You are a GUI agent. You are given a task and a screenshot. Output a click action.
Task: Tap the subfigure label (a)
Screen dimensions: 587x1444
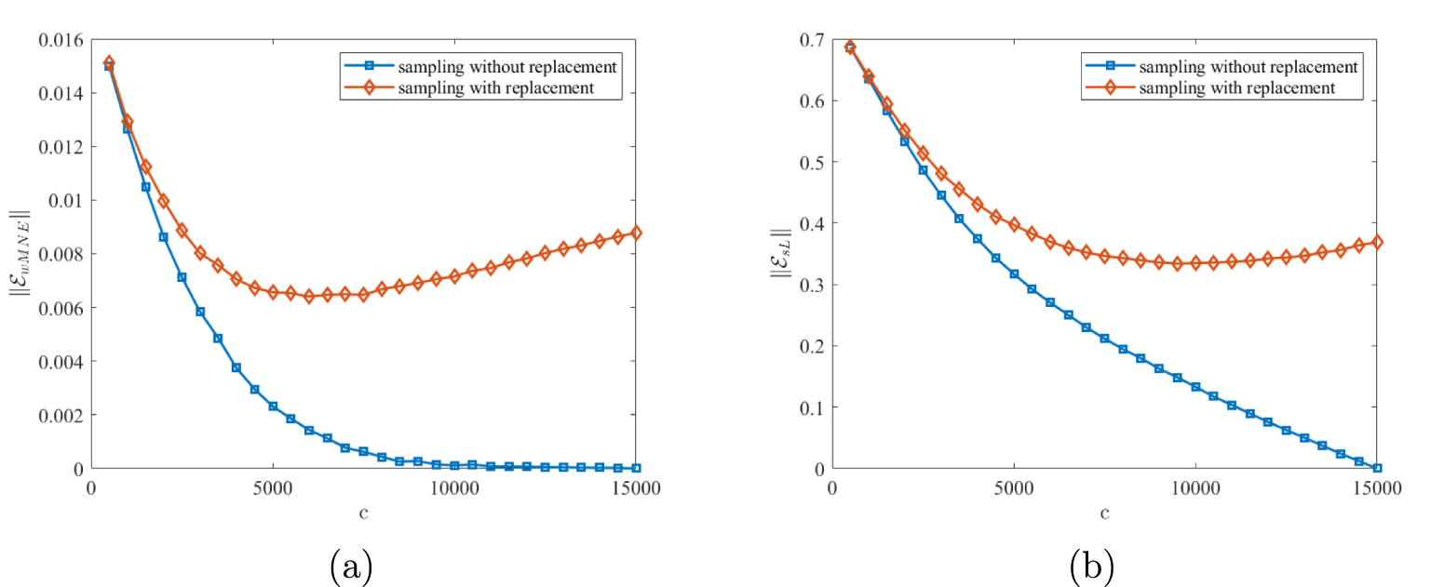[351, 566]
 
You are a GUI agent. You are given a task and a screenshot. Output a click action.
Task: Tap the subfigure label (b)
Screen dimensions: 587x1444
[1091, 566]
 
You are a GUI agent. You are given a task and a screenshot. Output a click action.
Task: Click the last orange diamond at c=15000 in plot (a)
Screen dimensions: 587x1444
[636, 233]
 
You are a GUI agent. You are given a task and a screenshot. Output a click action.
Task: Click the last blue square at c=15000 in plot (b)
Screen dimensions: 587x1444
[1377, 468]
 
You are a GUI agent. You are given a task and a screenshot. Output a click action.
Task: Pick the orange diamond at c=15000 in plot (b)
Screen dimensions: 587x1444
[1377, 242]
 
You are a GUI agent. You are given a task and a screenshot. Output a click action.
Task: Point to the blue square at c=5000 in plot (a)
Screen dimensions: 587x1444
[273, 407]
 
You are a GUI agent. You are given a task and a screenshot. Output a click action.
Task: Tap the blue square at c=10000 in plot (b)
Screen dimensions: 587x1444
[1195, 387]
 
